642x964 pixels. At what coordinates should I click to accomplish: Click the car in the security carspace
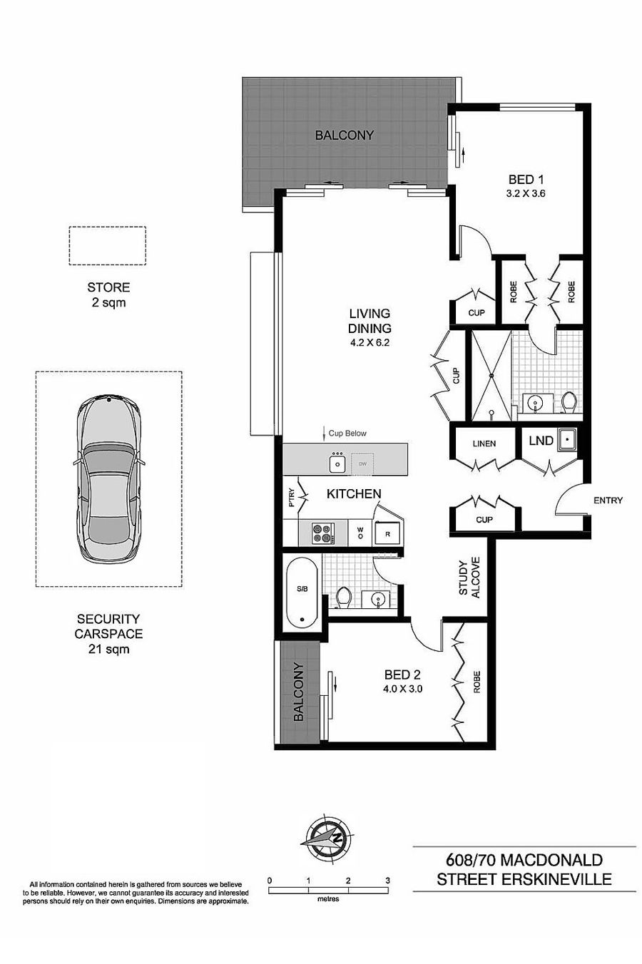[108, 479]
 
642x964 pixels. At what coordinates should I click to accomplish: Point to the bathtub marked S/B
[302, 593]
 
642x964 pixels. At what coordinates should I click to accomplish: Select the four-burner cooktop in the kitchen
[323, 533]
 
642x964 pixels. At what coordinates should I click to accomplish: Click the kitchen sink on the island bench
[337, 463]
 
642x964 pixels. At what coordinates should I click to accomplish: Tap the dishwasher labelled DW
[362, 464]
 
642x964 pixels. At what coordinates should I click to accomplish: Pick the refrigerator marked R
[387, 533]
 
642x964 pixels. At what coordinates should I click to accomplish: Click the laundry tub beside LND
[568, 440]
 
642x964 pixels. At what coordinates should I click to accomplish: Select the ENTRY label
[608, 500]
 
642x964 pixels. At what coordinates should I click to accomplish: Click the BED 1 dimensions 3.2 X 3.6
[526, 194]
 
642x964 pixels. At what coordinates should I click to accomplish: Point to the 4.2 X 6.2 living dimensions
[370, 343]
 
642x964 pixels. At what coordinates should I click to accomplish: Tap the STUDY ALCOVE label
[469, 578]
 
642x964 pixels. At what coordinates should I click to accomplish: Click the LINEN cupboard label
[484, 443]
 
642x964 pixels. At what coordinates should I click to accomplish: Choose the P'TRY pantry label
[292, 497]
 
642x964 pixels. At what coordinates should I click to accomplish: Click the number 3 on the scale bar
[387, 881]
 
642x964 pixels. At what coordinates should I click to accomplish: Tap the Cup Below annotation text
[347, 434]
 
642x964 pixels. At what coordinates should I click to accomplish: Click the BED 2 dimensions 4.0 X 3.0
[402, 689]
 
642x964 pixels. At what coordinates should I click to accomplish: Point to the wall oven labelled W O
[360, 533]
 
